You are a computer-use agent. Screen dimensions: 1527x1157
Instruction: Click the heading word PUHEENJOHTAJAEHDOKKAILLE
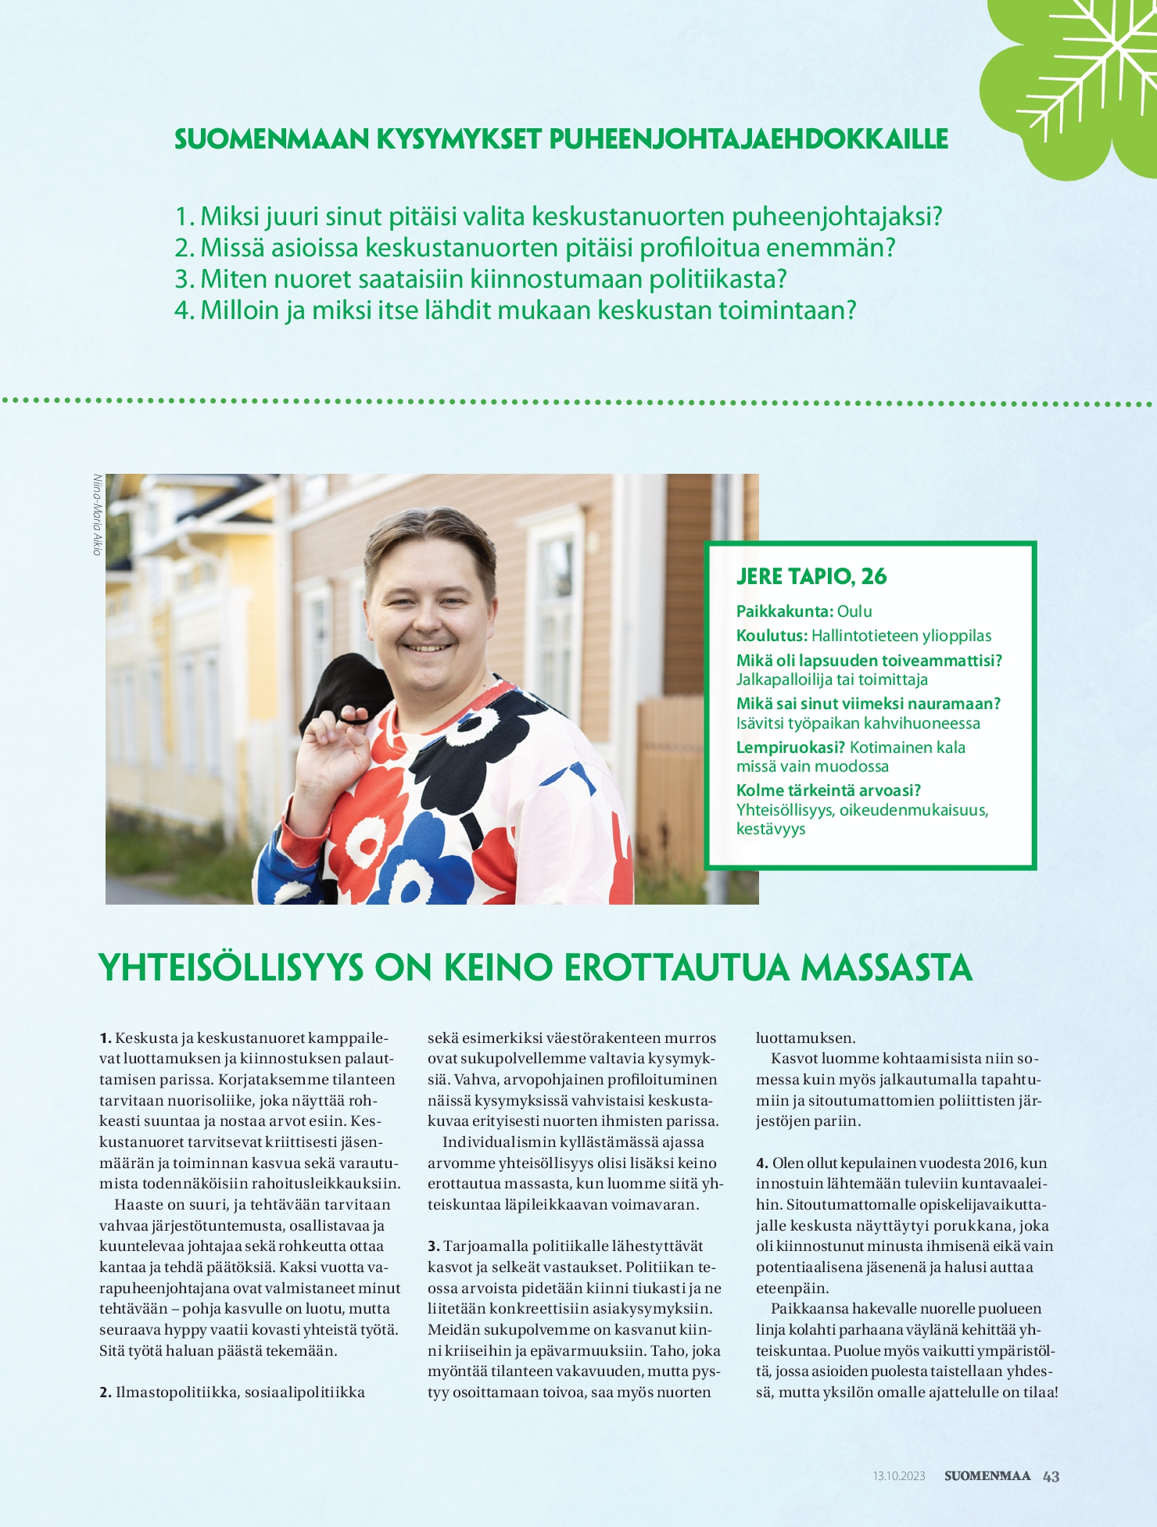[748, 139]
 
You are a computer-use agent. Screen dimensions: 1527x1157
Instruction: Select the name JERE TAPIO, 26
[811, 577]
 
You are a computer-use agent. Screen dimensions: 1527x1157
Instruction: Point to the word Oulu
[854, 611]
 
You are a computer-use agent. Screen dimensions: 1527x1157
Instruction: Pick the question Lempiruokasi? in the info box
[790, 747]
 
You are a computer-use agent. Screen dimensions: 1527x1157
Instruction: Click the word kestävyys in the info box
[771, 829]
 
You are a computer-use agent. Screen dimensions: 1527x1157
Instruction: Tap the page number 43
[1051, 1476]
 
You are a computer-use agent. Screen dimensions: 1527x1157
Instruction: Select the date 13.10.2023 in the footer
[899, 1476]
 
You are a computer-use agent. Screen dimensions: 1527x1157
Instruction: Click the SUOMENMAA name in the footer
[987, 1476]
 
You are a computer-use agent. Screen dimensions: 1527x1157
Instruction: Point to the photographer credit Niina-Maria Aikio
[98, 514]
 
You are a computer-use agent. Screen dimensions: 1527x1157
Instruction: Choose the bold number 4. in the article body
[762, 1163]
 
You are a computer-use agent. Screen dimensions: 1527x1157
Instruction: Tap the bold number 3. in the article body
[434, 1246]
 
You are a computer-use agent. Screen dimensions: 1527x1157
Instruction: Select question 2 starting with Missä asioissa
[535, 248]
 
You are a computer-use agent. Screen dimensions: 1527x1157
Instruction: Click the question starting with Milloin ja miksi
[515, 310]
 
